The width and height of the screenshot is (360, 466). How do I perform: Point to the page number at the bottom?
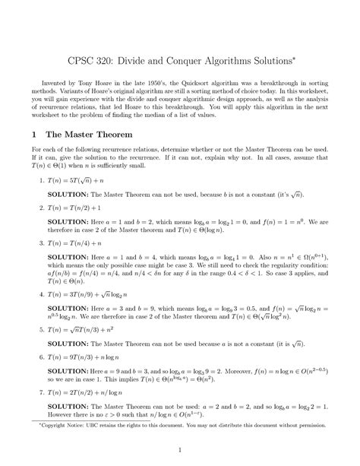click(x=179, y=451)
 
